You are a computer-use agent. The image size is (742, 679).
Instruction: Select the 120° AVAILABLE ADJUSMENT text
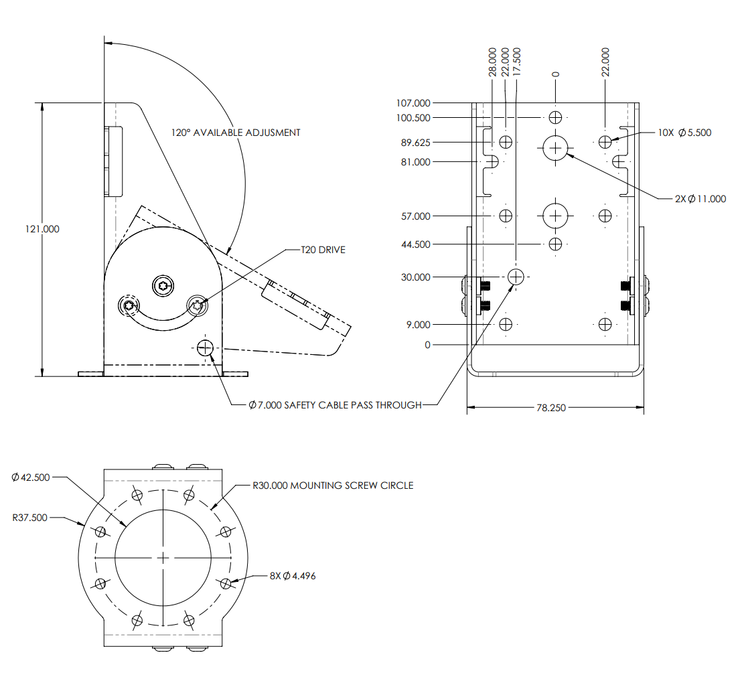[x=235, y=133]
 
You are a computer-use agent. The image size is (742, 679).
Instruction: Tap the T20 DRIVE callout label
[x=323, y=250]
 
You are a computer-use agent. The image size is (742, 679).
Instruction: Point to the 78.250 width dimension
[x=555, y=407]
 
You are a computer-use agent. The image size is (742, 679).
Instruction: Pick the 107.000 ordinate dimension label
[x=413, y=103]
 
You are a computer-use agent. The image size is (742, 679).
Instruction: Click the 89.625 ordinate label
[x=415, y=143]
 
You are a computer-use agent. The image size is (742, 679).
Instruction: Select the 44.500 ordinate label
[x=415, y=244]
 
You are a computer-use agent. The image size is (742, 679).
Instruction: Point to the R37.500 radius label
[x=30, y=518]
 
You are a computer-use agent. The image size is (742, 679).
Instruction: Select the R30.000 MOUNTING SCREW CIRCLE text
[x=333, y=485]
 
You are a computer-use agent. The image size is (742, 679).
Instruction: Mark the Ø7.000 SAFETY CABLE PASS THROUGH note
[x=335, y=405]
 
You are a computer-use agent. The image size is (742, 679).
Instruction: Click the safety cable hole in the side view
[x=205, y=348]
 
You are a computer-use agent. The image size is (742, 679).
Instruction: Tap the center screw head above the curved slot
[x=162, y=286]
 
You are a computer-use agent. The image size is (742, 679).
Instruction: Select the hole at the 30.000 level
[x=516, y=276]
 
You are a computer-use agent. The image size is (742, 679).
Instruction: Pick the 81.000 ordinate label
[x=415, y=162]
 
